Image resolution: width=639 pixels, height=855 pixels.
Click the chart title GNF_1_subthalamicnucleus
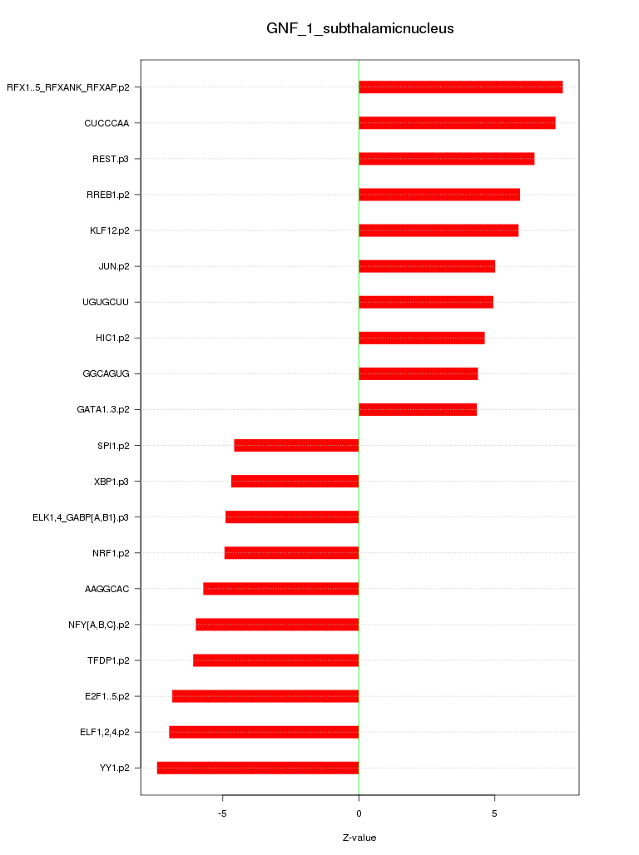359,28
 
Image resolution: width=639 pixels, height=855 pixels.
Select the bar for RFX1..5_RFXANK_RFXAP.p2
460,87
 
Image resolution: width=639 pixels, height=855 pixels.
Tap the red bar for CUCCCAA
457,123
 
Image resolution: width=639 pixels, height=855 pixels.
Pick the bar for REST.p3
446,159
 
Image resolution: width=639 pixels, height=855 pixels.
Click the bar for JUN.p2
427,266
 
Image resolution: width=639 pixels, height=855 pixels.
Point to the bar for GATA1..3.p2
418,409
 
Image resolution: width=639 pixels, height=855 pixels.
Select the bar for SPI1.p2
296,445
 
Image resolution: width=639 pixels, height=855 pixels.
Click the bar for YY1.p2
258,768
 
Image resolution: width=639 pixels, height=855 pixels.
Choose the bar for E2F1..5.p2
265,696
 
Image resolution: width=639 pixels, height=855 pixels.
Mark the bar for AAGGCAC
280,589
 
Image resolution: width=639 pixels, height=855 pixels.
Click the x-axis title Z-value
359,838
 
